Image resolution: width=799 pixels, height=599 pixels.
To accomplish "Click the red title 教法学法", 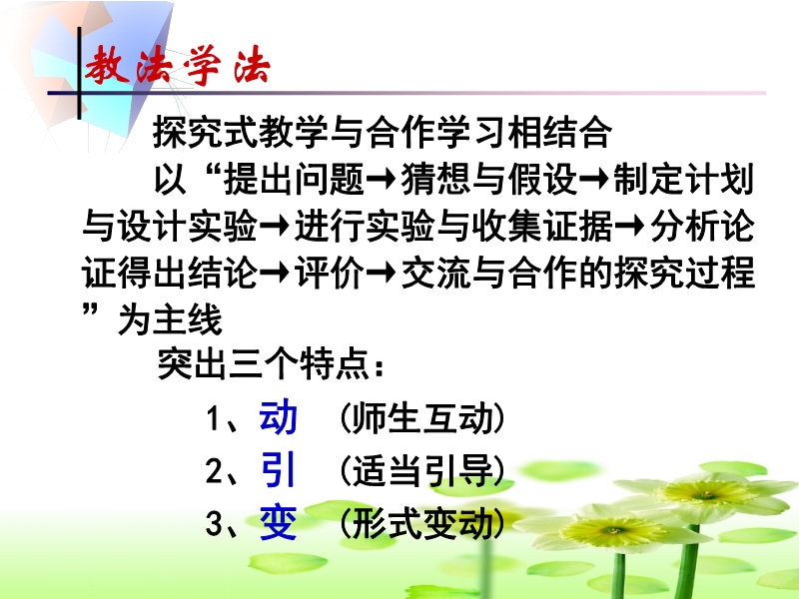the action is coord(177,66).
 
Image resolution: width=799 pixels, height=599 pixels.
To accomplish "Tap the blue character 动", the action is coord(279,416).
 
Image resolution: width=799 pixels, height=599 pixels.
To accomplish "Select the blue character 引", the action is coord(279,469).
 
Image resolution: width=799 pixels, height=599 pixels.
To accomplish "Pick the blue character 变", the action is coord(279,522).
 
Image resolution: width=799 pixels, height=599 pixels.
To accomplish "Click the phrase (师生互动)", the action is coord(421,418).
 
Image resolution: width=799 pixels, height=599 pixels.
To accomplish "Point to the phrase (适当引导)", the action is coord(421,470).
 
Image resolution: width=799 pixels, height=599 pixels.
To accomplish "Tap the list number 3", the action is coord(214,523).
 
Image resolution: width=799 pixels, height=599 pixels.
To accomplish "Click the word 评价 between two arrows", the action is coord(330,273).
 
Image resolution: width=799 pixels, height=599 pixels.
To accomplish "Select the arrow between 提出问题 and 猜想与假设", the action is coord(382,180).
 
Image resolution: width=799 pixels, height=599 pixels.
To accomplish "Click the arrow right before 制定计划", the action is coord(594,180).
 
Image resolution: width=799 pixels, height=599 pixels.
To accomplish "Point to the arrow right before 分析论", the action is coord(630,227).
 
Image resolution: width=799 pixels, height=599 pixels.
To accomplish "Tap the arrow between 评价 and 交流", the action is coord(382,273).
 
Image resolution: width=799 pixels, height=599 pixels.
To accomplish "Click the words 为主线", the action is coord(170,319).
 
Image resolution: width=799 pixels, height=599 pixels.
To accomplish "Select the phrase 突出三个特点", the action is coord(264,363).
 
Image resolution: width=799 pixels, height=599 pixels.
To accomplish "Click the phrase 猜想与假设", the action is coord(488,180).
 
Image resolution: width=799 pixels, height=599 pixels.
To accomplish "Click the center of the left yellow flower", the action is coord(614,530).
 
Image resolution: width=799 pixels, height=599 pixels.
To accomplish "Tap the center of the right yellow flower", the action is coord(706,493).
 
